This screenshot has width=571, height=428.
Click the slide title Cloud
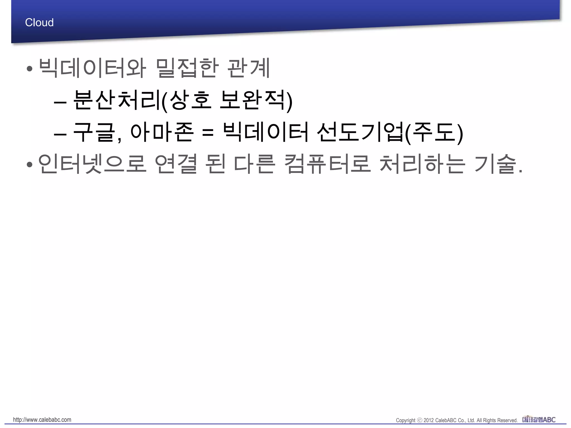pos(39,23)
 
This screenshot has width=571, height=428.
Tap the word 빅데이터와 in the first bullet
pos(92,68)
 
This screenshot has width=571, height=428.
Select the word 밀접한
pos(186,68)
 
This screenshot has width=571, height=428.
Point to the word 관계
pos(249,68)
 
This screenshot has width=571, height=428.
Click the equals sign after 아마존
pos(208,133)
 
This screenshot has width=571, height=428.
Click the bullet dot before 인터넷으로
pos(30,165)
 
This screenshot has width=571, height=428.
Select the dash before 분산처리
pos(60,102)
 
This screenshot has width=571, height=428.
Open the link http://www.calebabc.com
pos(42,420)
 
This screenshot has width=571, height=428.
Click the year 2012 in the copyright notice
pos(429,420)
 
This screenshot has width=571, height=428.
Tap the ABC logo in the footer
pos(539,419)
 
